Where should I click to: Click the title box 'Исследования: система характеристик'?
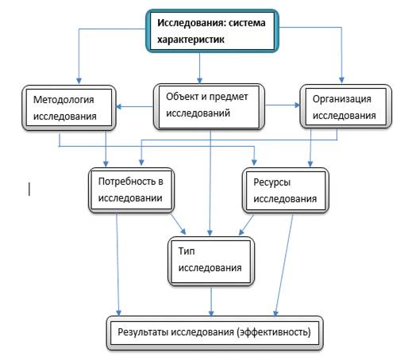(x=212, y=31)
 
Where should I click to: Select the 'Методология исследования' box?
(x=69, y=108)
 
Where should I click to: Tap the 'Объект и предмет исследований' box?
(x=209, y=106)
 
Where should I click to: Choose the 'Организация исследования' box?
(x=345, y=106)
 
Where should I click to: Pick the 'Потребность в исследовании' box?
(x=131, y=190)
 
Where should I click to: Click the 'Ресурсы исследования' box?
(x=286, y=190)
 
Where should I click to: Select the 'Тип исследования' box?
(x=211, y=261)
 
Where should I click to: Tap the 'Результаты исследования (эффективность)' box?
(x=214, y=333)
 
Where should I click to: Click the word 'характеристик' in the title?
(x=191, y=40)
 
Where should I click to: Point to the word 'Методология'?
(x=64, y=100)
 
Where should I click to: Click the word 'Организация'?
(x=342, y=99)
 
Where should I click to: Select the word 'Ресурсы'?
(x=272, y=182)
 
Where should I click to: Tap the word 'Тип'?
(x=187, y=251)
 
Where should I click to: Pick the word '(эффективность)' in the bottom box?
(x=274, y=332)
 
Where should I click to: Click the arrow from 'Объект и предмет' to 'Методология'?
(x=135, y=106)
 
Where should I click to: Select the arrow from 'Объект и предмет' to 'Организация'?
(x=283, y=105)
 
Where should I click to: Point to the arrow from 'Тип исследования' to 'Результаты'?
(x=211, y=301)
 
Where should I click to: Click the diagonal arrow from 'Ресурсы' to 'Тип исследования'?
(x=246, y=224)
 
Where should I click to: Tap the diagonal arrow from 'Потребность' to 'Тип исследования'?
(x=179, y=224)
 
